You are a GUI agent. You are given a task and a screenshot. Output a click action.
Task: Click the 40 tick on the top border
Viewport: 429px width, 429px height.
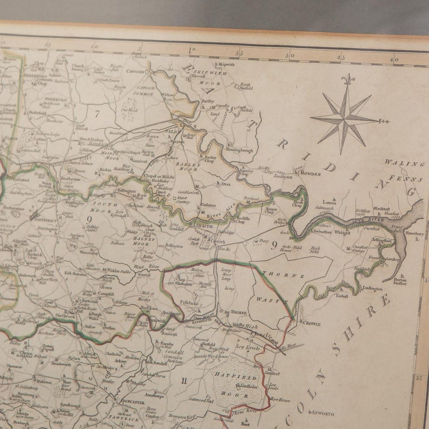pyautogui.click(x=394, y=58)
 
